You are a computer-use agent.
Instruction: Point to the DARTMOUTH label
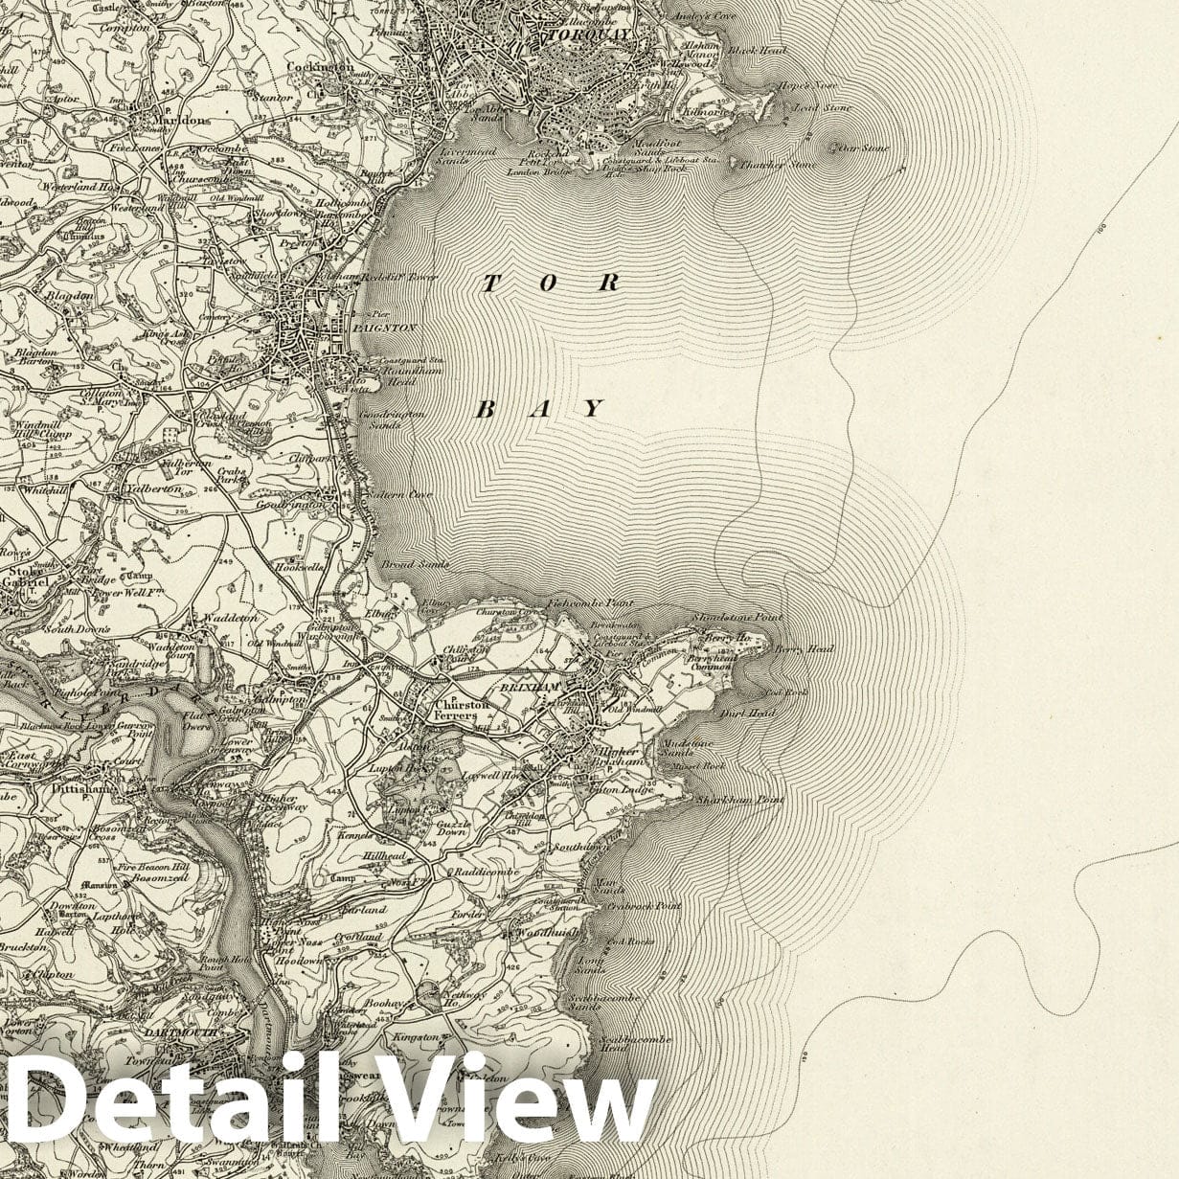(x=183, y=1033)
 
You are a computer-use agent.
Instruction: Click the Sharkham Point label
(x=739, y=799)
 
